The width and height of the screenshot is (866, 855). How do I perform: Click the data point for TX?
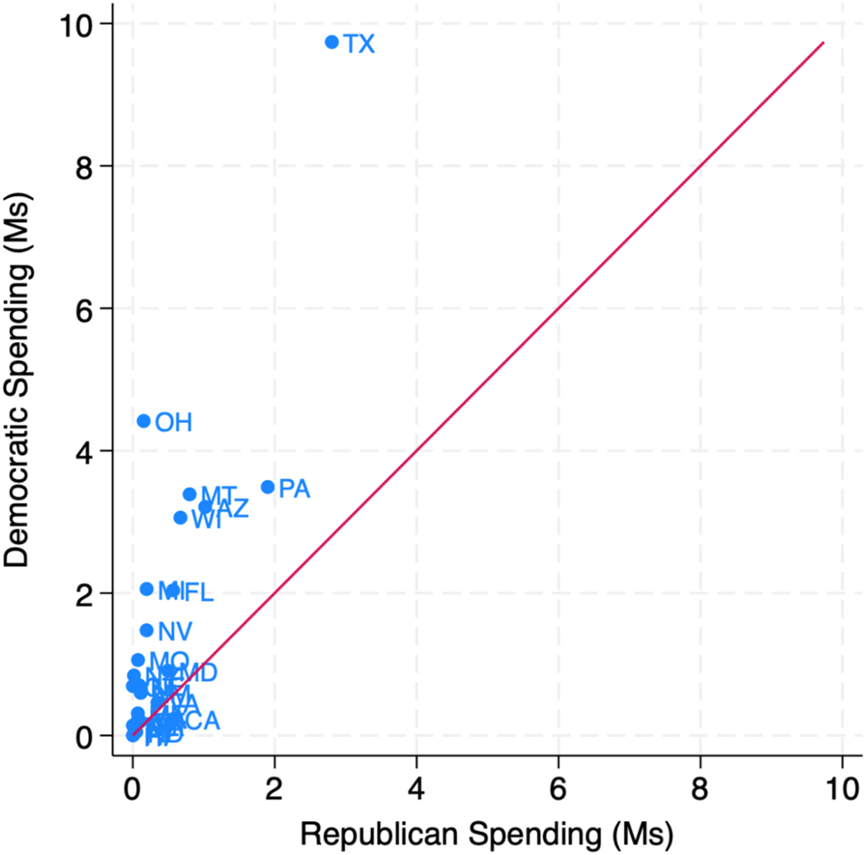(x=332, y=42)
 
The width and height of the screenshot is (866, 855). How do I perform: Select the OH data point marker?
(x=144, y=420)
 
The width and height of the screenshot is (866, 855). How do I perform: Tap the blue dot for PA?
(x=268, y=487)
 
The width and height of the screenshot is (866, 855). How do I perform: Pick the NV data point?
(x=147, y=630)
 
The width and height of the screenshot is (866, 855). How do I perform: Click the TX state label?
(x=359, y=44)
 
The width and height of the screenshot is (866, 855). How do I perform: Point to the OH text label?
(x=173, y=423)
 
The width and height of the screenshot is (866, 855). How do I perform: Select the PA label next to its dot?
(x=294, y=490)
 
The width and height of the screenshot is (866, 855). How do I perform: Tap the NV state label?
(x=175, y=633)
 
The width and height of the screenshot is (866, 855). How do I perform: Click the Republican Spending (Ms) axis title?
(x=486, y=834)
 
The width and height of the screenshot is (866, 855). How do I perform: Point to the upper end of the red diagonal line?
(x=823, y=42)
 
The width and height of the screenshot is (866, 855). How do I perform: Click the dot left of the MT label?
(x=189, y=494)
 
